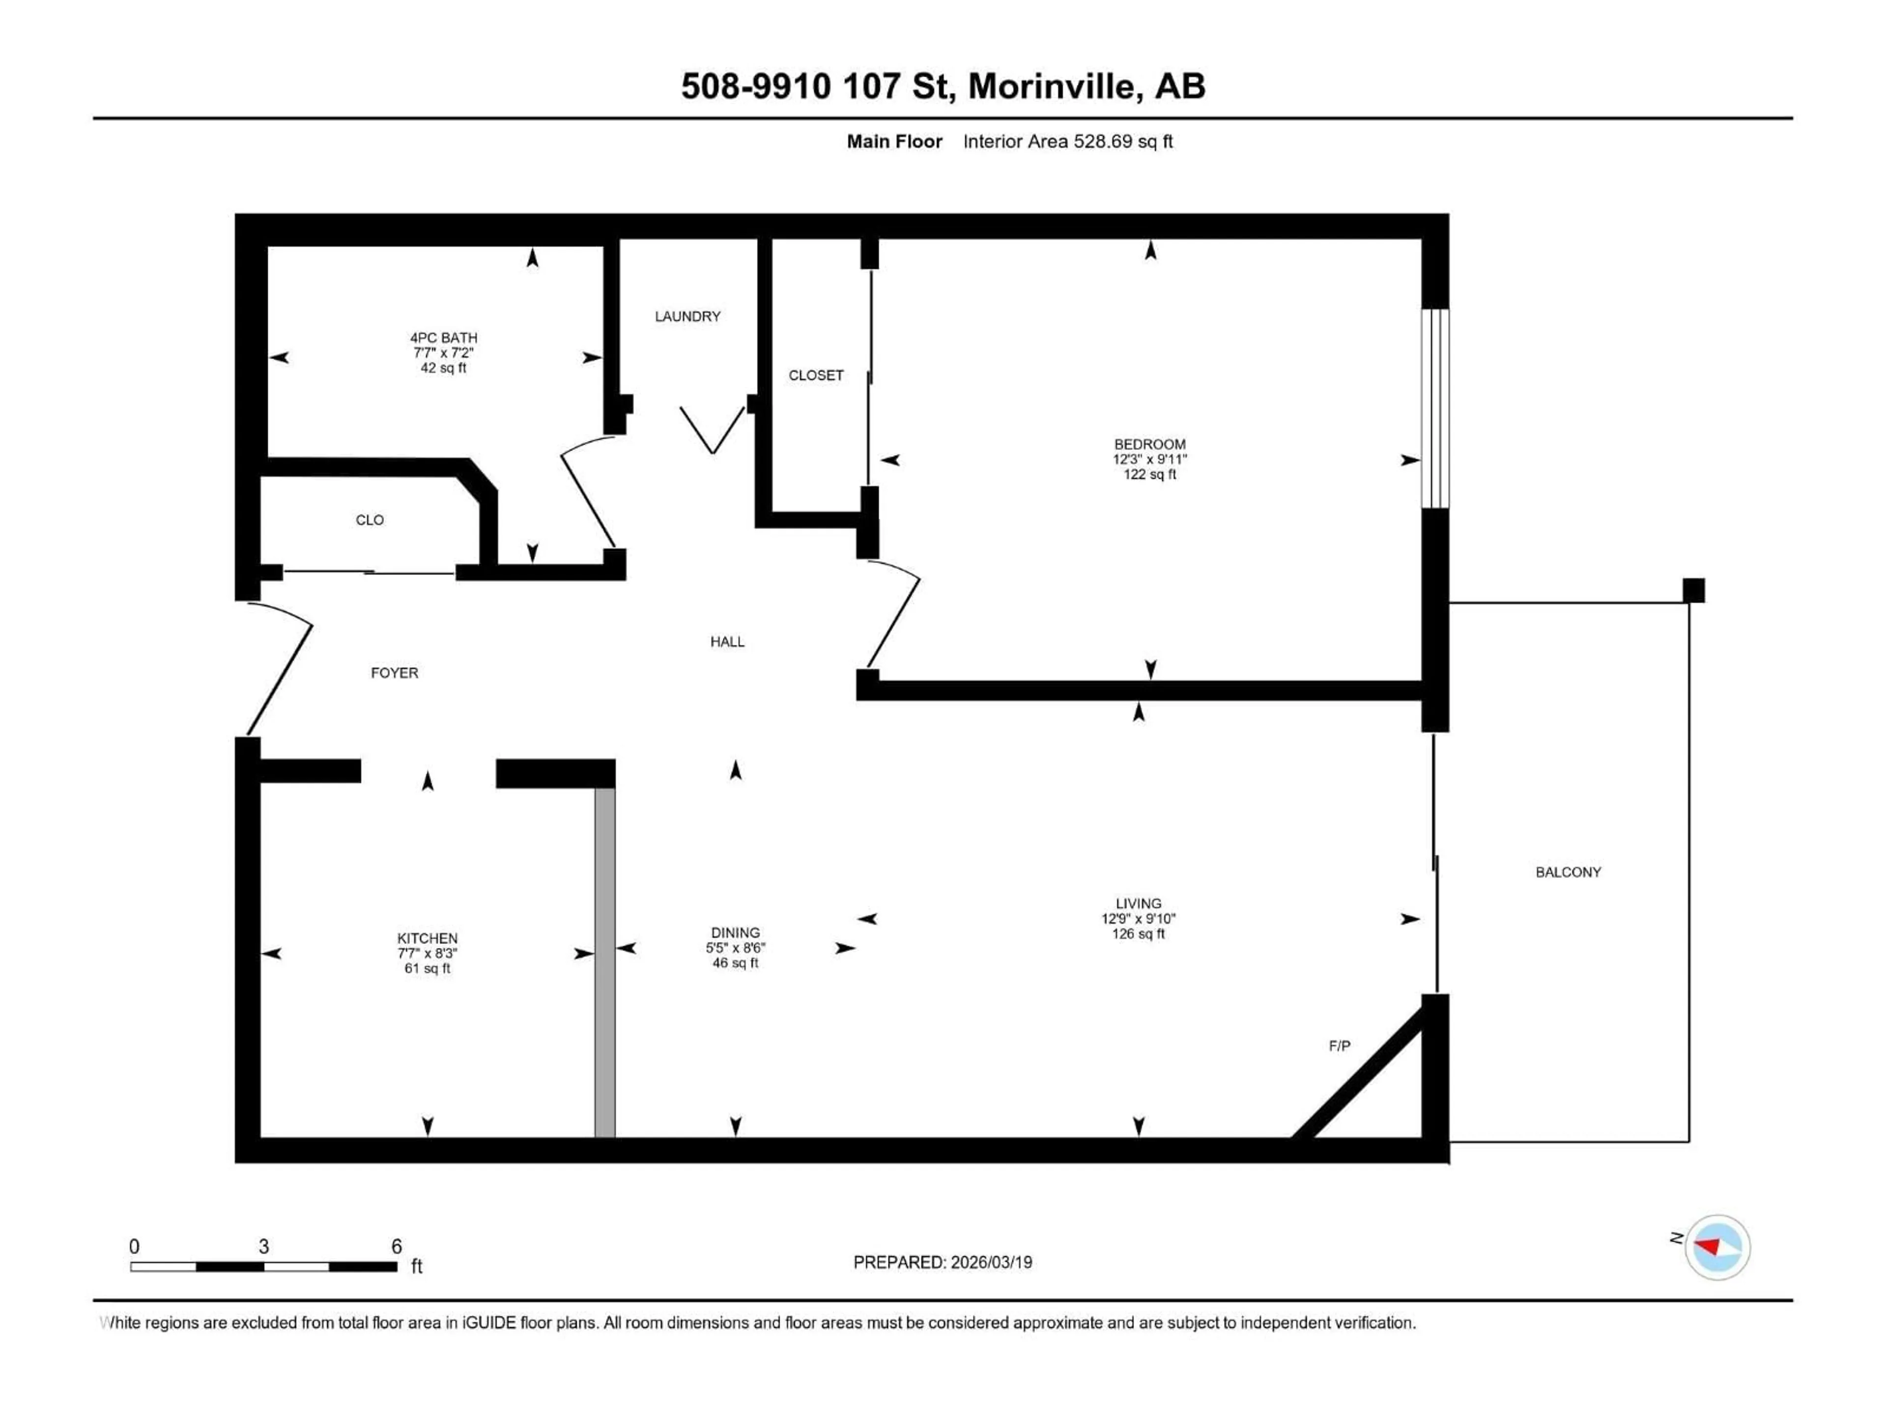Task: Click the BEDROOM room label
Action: click(1149, 444)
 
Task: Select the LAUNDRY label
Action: click(687, 316)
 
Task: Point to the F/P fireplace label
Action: click(1339, 1046)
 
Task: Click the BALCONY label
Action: click(1568, 872)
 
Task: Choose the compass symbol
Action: click(1717, 1247)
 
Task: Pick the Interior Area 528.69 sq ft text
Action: click(1067, 141)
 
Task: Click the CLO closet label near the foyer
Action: click(370, 519)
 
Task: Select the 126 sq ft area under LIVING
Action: click(1138, 934)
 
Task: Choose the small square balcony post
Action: click(1693, 590)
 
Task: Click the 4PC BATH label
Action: click(444, 338)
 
